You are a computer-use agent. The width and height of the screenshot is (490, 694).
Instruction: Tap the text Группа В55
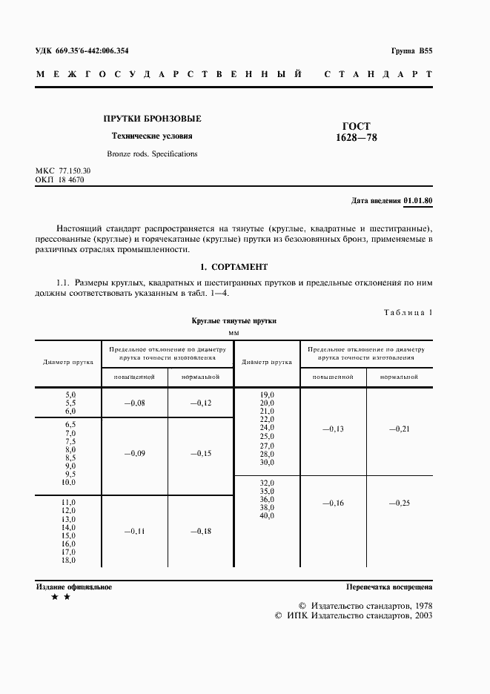coord(411,50)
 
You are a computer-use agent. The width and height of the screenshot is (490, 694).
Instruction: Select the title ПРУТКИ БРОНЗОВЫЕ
coord(152,119)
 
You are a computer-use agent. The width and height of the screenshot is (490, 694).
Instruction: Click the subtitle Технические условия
coord(151,136)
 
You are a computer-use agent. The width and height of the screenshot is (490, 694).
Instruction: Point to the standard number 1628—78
coord(357,137)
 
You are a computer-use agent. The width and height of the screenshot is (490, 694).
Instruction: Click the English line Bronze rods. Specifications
coord(152,153)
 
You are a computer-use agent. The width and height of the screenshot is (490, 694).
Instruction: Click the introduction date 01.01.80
coord(419,201)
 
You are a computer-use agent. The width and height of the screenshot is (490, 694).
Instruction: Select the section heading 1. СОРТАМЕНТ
coord(234,266)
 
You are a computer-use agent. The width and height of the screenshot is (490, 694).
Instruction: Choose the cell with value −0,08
coord(134,403)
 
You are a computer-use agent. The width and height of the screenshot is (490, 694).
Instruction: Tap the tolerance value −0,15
coord(201,453)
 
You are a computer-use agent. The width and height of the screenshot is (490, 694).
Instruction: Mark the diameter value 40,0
coord(266,516)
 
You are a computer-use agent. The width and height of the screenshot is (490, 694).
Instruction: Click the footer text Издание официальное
coord(74,586)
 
